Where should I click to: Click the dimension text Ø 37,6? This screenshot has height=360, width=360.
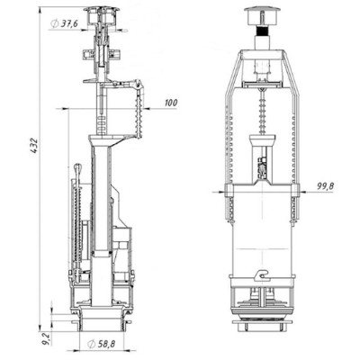pos(68,23)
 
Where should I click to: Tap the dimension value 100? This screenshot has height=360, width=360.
pos(171,103)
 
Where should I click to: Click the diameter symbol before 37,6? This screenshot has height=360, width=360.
pos(56,23)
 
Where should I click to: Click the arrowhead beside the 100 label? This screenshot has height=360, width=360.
pos(144,109)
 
